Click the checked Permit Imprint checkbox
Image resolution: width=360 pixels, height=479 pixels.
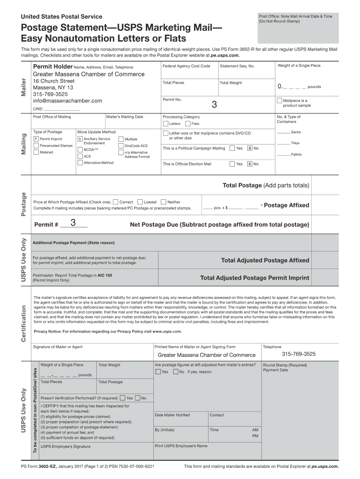pos(36,139)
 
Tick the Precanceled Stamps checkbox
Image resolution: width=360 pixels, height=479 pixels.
pos(36,145)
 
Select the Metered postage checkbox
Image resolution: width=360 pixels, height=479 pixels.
pos(36,152)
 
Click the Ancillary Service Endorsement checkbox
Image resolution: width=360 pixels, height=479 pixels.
pos(80,139)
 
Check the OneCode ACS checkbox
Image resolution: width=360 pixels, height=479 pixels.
pos(121,145)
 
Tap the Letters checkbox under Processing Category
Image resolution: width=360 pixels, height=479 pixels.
pos(165,124)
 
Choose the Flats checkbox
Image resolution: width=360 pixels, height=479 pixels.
pos(187,124)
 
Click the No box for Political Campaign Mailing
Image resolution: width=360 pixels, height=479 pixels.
pos(250,148)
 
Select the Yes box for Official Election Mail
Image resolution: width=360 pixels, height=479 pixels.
pos(232,164)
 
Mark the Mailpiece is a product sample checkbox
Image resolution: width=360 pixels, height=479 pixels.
pos(280,101)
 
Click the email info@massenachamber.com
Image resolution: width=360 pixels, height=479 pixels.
pos(67,101)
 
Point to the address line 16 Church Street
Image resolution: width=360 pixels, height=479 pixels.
pos(54,81)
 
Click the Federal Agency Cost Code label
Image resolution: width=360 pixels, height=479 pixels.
pos(186,66)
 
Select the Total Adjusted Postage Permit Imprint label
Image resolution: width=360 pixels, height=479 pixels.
pos(254,278)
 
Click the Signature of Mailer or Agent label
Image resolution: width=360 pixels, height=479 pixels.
pos(58,347)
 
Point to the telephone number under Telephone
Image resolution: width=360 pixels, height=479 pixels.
pos(298,354)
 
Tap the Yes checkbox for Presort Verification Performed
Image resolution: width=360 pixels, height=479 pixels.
pos(122,398)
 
